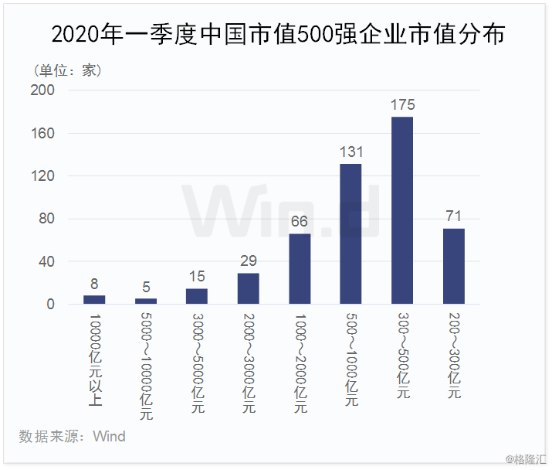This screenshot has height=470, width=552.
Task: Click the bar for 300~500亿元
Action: tap(402, 210)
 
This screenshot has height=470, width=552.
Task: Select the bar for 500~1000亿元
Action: tap(351, 233)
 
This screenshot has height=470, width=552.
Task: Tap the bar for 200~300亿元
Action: tap(454, 266)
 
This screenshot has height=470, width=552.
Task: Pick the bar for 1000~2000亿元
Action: tap(300, 269)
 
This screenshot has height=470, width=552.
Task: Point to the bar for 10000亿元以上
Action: tap(94, 300)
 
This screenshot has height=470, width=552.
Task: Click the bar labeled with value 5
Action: tap(146, 301)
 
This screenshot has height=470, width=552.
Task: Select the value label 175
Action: tap(403, 104)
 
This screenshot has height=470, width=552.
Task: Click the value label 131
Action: tap(351, 152)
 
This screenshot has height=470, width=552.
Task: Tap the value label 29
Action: tap(249, 261)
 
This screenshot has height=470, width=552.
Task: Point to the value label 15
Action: tap(197, 277)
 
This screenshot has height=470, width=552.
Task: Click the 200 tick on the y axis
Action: tap(42, 90)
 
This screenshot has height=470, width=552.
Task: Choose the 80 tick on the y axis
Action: tap(46, 219)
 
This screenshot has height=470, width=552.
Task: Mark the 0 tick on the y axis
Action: tap(50, 305)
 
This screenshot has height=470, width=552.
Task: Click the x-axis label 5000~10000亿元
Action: tap(146, 366)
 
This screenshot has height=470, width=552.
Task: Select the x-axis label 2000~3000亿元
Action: tap(249, 363)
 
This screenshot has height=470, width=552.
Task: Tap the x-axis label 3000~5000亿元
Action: tap(198, 363)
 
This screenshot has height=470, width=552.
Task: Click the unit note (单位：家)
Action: tap(68, 70)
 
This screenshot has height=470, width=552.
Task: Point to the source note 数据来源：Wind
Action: tap(72, 437)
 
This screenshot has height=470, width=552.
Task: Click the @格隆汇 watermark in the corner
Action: tap(526, 459)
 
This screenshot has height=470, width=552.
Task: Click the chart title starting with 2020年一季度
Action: tap(278, 34)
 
